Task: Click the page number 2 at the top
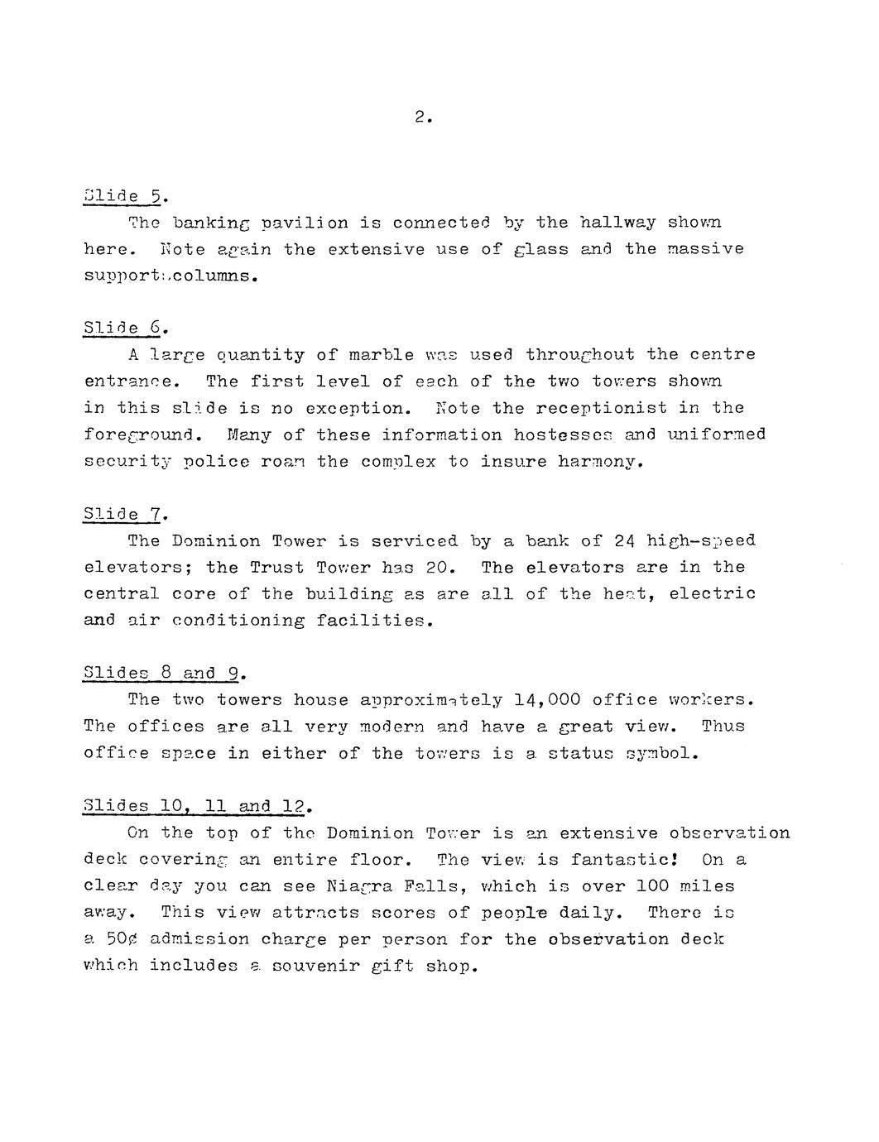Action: pyautogui.click(x=422, y=118)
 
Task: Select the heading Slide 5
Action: pyautogui.click(x=124, y=196)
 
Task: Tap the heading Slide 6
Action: pyautogui.click(x=124, y=329)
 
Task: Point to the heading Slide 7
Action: pyautogui.click(x=124, y=515)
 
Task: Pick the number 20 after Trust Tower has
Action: pyautogui.click(x=435, y=568)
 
